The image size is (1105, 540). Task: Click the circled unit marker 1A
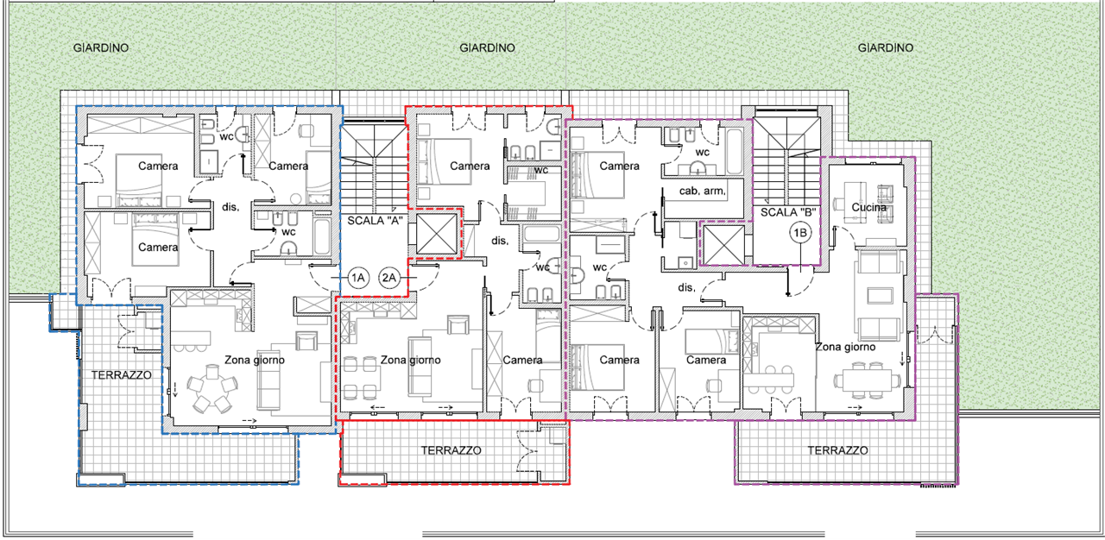pyautogui.click(x=357, y=278)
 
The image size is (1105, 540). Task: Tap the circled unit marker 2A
pyautogui.click(x=389, y=278)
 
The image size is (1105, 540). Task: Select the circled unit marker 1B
pyautogui.click(x=800, y=233)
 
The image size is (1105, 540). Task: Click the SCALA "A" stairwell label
pyautogui.click(x=373, y=221)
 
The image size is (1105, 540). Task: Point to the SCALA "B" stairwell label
pyautogui.click(x=788, y=212)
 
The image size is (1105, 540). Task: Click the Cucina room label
pyautogui.click(x=868, y=207)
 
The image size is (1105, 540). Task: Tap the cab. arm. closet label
pyautogui.click(x=703, y=192)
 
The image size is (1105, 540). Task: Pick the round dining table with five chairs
pyautogui.click(x=212, y=389)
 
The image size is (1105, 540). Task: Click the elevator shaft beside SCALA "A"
pyautogui.click(x=437, y=234)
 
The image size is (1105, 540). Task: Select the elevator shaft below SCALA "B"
pyautogui.click(x=723, y=245)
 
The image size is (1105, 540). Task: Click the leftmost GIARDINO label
pyautogui.click(x=101, y=47)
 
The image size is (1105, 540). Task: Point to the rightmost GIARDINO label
pyautogui.click(x=886, y=47)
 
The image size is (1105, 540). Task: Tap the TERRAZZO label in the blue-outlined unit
pyautogui.click(x=122, y=375)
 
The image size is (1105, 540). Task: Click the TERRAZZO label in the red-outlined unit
pyautogui.click(x=451, y=451)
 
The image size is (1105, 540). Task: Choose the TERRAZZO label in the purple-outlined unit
pyautogui.click(x=837, y=451)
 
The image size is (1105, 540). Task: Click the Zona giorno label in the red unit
pyautogui.click(x=410, y=361)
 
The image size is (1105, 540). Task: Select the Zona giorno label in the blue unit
pyautogui.click(x=255, y=361)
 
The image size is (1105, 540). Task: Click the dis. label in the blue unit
pyautogui.click(x=230, y=207)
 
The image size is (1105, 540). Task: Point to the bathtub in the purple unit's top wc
pyautogui.click(x=735, y=151)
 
